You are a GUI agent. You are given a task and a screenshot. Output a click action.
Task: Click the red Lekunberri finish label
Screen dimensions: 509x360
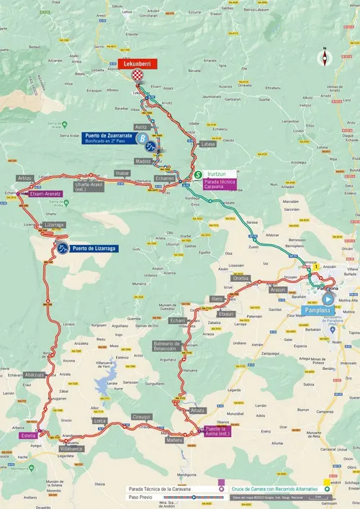pyautogui.click(x=135, y=63)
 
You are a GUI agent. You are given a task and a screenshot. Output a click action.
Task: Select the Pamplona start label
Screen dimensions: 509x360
pyautogui.click(x=318, y=310)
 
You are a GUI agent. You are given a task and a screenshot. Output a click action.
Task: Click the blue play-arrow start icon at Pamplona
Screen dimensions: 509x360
pyautogui.click(x=328, y=298)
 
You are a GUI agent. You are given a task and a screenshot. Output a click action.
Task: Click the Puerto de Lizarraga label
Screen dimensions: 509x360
pyautogui.click(x=94, y=248)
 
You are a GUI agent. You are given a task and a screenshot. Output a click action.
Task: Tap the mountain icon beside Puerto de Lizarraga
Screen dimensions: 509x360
pyautogui.click(x=63, y=248)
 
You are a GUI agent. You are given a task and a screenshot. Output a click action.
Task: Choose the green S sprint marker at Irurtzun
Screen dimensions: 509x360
pyautogui.click(x=197, y=174)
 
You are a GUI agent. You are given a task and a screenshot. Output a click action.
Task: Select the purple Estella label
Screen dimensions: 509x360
pyautogui.click(x=30, y=436)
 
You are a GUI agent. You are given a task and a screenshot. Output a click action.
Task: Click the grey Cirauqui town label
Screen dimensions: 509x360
pyautogui.click(x=142, y=416)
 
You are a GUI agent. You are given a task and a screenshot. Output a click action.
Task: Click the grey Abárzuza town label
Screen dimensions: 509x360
pyautogui.click(x=35, y=374)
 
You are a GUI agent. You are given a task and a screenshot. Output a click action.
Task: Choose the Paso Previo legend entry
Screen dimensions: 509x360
pyautogui.click(x=141, y=497)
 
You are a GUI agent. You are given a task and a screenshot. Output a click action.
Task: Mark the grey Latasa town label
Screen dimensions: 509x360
pyautogui.click(x=208, y=144)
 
